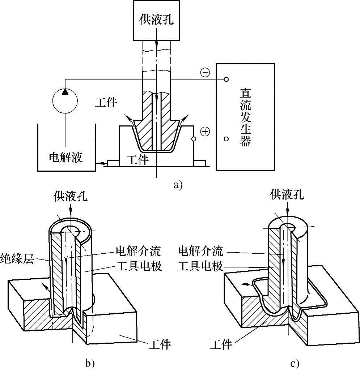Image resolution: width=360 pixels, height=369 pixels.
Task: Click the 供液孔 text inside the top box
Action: point(157,20)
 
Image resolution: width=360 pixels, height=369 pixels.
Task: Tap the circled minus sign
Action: point(205,73)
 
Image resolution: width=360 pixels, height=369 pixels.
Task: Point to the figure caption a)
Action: point(178,185)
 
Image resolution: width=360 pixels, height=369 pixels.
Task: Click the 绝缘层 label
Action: point(17,259)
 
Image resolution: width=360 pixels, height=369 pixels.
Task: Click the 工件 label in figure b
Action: point(160,344)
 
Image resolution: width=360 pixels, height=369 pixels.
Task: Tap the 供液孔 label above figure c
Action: point(287,195)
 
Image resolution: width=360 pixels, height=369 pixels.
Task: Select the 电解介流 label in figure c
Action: point(201,250)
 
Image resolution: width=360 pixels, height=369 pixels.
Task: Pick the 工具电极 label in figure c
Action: point(201,267)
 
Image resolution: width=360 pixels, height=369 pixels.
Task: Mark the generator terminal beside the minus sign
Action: point(226,79)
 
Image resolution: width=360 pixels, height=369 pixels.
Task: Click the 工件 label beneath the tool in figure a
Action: point(138,159)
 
